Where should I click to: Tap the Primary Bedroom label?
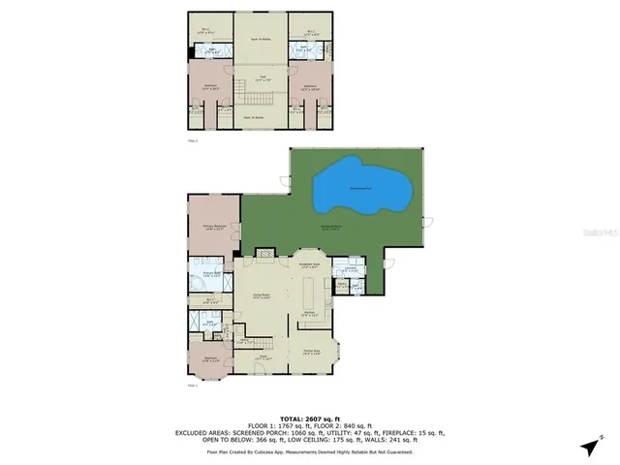213,228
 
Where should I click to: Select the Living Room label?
262,296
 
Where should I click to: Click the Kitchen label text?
310,314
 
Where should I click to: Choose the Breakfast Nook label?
309,264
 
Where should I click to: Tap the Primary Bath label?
212,274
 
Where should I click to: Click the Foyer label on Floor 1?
263,357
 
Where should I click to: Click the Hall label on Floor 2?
263,77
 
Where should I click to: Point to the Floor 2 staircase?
260,97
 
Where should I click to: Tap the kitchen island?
308,292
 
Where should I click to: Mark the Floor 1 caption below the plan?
192,386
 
